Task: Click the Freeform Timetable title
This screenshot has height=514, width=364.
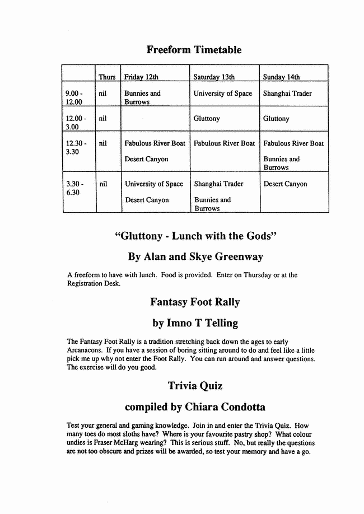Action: point(194,50)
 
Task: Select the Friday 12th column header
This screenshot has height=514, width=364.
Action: point(141,77)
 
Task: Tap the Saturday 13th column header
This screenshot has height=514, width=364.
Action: point(214,77)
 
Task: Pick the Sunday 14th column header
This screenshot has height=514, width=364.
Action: point(281,77)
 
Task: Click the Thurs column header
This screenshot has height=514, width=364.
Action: point(107,77)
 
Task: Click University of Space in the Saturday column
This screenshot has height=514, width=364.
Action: point(223,94)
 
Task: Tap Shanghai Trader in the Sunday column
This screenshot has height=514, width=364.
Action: point(287,94)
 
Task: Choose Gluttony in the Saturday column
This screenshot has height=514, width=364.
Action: point(207,119)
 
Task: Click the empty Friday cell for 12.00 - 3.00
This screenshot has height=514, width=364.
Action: point(155,119)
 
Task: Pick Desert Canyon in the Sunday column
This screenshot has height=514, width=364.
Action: point(285,184)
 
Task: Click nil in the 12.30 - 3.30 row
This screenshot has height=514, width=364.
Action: point(102,143)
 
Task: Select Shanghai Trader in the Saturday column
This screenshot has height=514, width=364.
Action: point(218,184)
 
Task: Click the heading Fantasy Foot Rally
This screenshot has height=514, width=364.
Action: point(194,302)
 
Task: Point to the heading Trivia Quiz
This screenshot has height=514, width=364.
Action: point(195,386)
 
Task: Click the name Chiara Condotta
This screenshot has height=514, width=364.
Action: point(227,406)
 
